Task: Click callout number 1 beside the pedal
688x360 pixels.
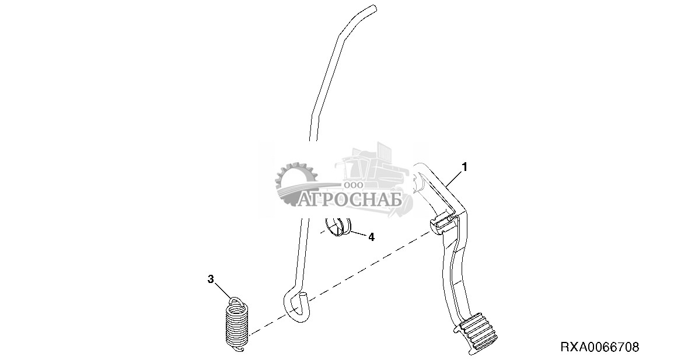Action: click(x=465, y=167)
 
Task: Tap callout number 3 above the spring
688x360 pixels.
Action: click(x=211, y=279)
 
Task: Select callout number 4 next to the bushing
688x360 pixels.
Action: click(x=371, y=237)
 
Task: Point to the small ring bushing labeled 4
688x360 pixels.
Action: click(x=337, y=226)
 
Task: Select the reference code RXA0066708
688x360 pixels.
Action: click(x=599, y=347)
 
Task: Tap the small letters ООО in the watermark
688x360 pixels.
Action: click(x=354, y=184)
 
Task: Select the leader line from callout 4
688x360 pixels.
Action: click(x=358, y=234)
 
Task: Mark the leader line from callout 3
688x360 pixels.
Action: click(x=224, y=289)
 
